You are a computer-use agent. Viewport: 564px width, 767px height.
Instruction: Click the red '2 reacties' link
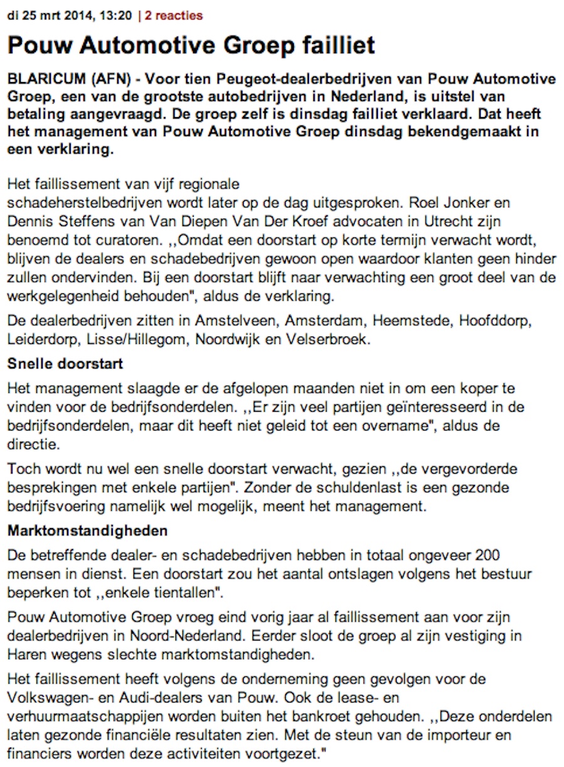pyautogui.click(x=174, y=16)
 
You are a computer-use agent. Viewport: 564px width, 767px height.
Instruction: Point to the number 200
pyautogui.click(x=488, y=555)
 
